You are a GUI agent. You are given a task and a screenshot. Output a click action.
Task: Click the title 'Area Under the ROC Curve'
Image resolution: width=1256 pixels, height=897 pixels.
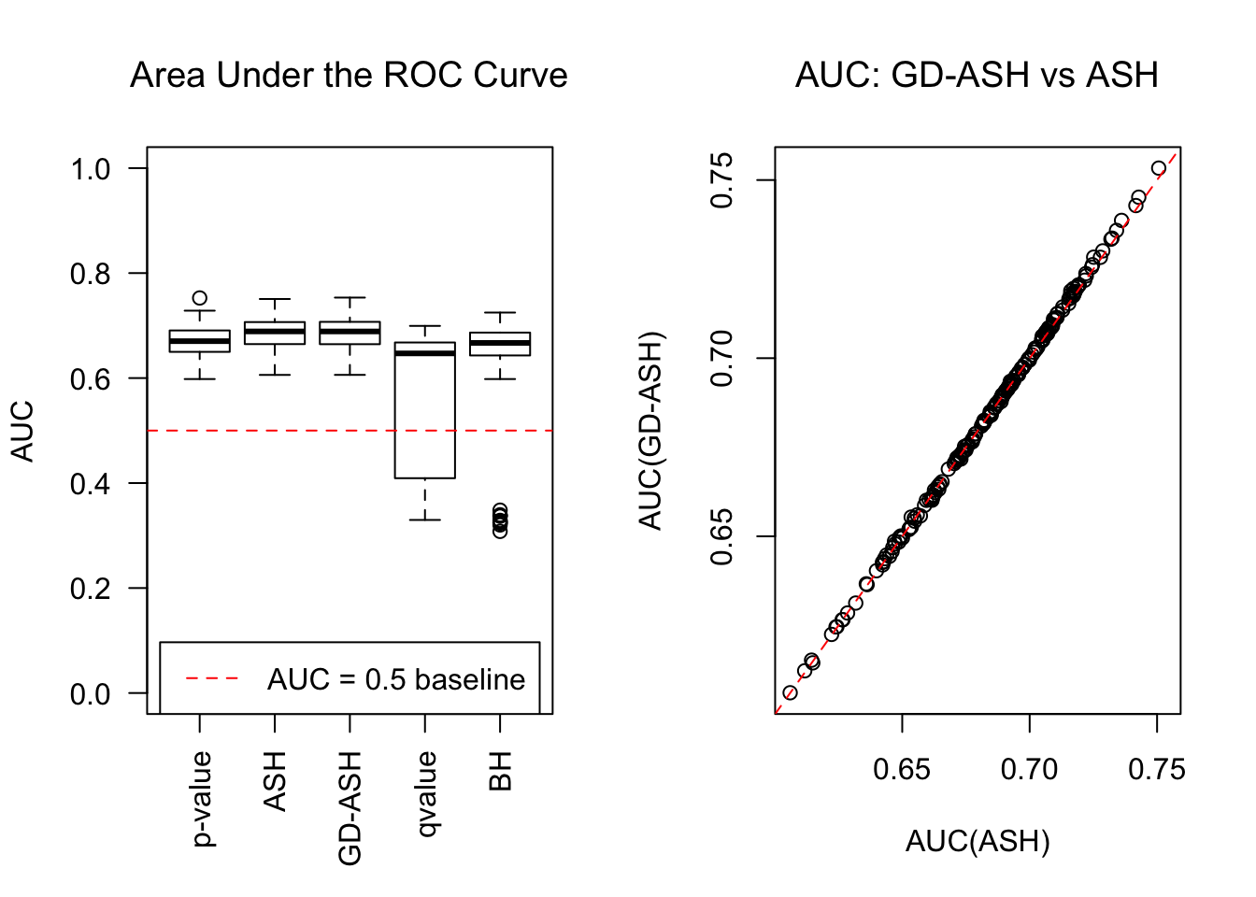tap(349, 76)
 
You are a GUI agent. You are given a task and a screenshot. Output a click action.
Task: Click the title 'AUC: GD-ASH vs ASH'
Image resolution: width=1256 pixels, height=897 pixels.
tap(977, 76)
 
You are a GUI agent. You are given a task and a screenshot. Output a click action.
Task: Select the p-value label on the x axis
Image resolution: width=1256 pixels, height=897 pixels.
tap(202, 799)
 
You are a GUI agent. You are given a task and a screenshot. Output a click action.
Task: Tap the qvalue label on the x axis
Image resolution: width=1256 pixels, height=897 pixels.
tap(426, 794)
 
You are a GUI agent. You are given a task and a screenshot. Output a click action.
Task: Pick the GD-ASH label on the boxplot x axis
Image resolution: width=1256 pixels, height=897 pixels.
tap(350, 808)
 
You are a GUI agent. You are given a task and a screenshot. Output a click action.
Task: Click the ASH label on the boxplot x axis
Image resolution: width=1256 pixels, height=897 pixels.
tap(275, 781)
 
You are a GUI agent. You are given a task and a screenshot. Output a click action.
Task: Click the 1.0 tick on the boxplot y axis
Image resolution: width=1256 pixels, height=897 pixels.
tap(91, 169)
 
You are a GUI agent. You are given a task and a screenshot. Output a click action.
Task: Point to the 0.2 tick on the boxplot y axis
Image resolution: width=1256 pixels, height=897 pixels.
tap(91, 589)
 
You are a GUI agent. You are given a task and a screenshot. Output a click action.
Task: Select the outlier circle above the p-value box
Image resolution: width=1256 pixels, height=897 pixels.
tap(200, 298)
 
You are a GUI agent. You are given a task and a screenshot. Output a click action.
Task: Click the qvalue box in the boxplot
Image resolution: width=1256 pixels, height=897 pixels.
tap(425, 411)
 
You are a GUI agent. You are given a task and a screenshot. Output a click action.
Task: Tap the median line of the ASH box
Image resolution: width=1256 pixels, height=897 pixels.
tap(275, 331)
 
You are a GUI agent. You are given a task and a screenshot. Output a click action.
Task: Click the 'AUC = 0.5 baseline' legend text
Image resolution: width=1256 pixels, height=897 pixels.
tap(396, 679)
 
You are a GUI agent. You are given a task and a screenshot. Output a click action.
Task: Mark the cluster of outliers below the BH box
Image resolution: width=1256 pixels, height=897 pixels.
tap(501, 520)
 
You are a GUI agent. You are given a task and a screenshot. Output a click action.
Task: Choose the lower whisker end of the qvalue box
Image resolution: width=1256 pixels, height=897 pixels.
tap(425, 520)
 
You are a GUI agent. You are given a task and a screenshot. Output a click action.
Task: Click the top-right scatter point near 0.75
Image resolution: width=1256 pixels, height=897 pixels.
tap(1159, 168)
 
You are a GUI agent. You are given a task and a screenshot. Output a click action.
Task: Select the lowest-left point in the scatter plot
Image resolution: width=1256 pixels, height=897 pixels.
tap(791, 692)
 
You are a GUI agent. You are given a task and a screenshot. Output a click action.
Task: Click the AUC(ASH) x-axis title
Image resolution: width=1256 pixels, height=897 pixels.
tap(978, 842)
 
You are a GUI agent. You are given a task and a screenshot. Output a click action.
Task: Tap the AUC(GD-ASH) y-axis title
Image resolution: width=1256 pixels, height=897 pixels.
tap(650, 431)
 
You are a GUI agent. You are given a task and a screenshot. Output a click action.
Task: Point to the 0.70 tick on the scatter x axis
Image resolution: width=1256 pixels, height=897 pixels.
tap(1029, 770)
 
